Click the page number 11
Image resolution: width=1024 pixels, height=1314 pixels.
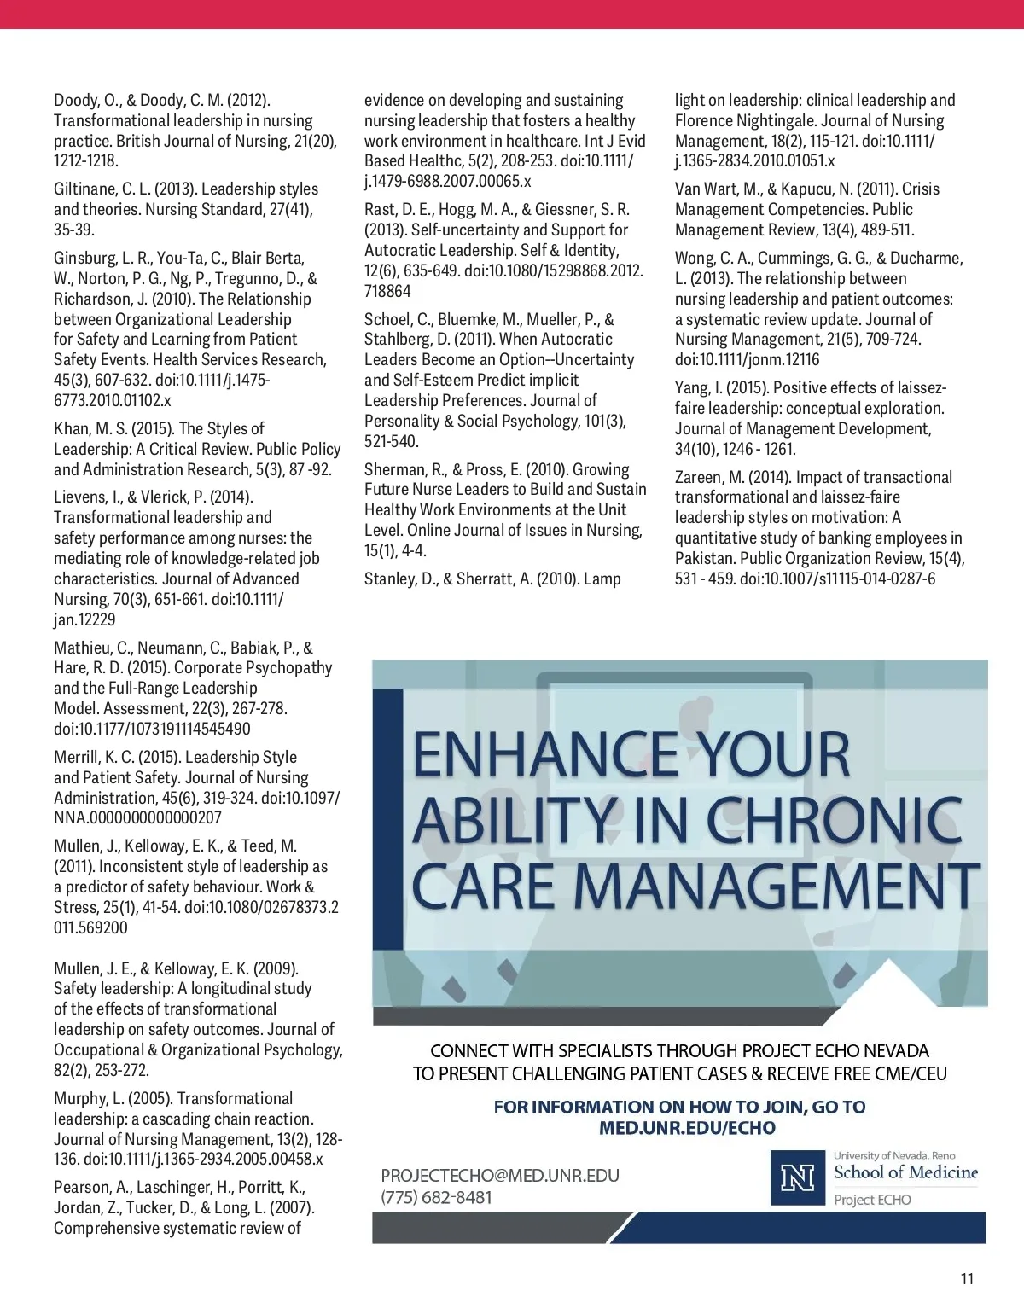click(966, 1278)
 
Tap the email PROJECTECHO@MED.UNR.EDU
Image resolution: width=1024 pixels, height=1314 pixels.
click(500, 1176)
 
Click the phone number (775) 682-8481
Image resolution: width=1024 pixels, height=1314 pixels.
click(436, 1197)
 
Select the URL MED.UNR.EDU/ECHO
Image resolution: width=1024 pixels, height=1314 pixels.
click(687, 1128)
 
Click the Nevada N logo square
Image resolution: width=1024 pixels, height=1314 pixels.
click(798, 1177)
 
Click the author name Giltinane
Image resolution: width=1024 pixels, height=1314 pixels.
click(86, 189)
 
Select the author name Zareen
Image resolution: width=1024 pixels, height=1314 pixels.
click(699, 478)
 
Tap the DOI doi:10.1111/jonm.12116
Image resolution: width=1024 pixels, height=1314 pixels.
click(747, 360)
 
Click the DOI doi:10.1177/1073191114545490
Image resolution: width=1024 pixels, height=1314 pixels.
click(152, 730)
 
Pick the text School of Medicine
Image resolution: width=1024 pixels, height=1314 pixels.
click(905, 1172)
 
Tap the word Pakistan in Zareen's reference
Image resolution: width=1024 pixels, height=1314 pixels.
click(705, 559)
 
